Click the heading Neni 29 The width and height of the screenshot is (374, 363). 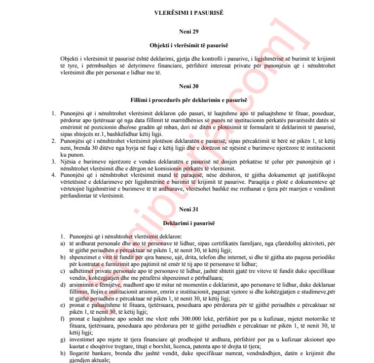pyautogui.click(x=188, y=32)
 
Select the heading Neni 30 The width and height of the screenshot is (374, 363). pyautogui.click(x=188, y=86)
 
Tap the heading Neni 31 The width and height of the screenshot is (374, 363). pyautogui.click(x=188, y=209)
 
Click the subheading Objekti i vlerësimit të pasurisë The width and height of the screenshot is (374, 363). pyautogui.click(x=188, y=45)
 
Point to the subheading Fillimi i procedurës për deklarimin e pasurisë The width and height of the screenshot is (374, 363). pyautogui.click(x=188, y=100)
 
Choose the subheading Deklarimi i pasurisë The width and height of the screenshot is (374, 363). pyautogui.click(x=188, y=223)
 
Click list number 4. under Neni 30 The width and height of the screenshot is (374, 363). pyautogui.click(x=54, y=174)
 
